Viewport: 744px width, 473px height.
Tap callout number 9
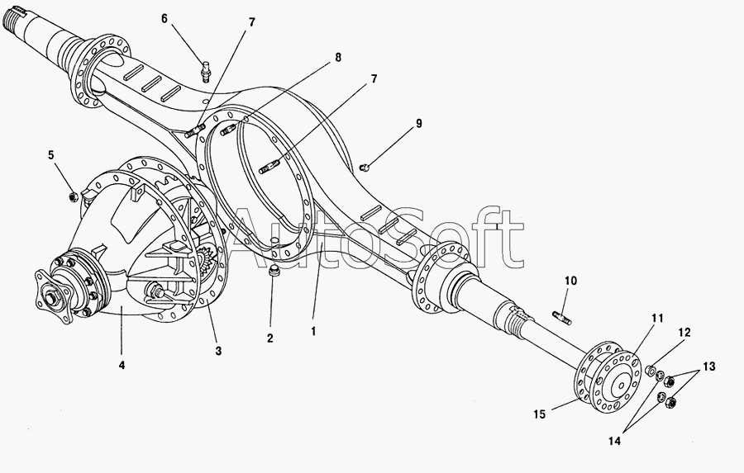click(x=419, y=124)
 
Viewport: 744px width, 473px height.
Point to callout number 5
click(x=51, y=154)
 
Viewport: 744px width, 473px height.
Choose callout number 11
click(x=657, y=318)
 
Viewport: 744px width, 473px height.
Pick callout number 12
click(x=684, y=333)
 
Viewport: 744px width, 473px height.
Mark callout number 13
click(x=710, y=366)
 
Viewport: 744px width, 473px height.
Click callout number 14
click(x=614, y=442)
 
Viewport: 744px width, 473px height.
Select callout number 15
click(x=539, y=414)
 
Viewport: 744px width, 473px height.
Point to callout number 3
click(x=218, y=351)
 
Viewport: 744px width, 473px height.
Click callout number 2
click(x=269, y=338)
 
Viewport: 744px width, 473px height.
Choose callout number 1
click(x=312, y=331)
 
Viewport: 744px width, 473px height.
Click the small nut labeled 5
click(x=74, y=196)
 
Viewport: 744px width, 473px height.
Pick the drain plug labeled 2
click(x=274, y=272)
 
